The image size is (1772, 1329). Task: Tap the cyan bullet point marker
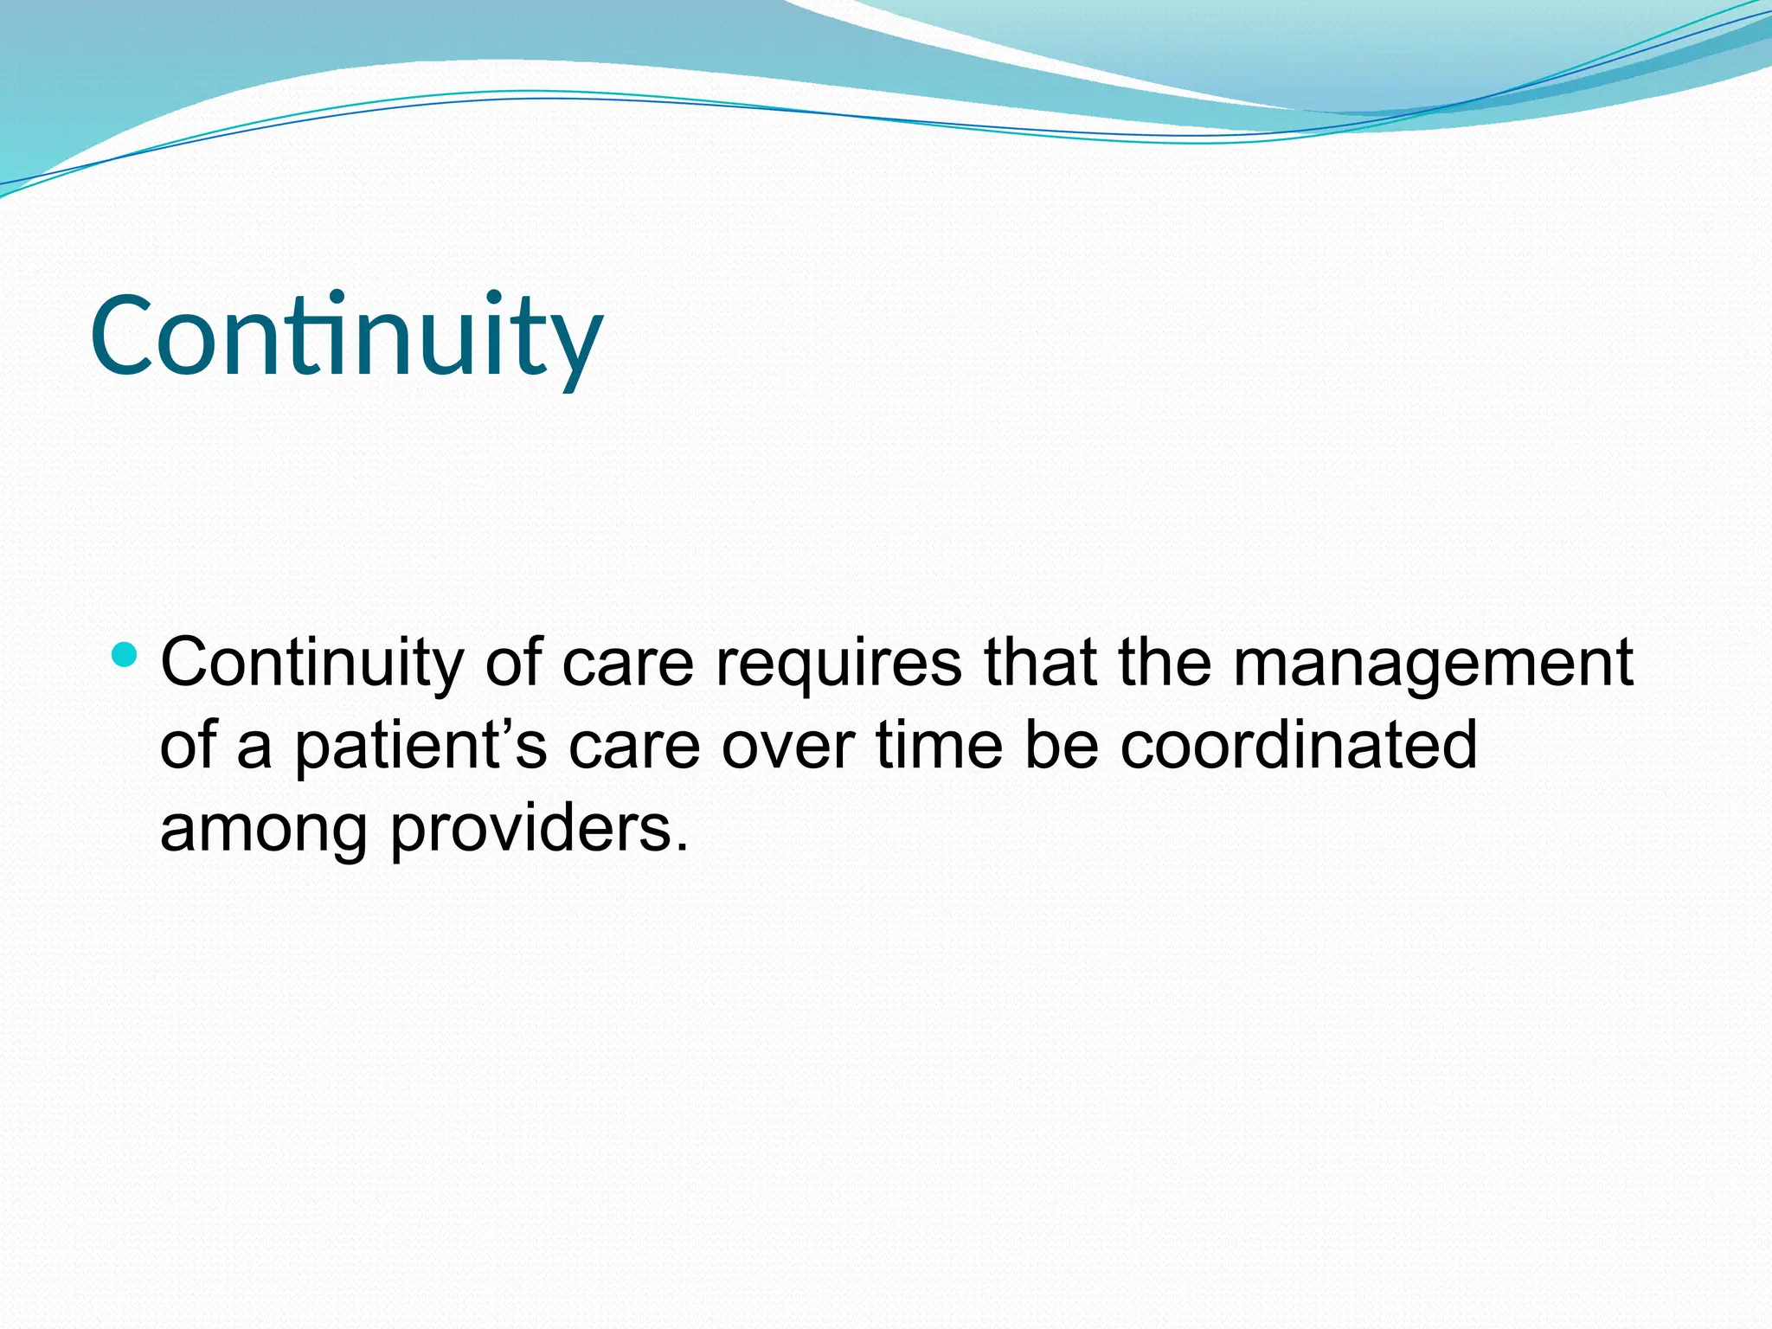pyautogui.click(x=125, y=654)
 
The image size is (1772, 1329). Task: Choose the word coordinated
pyautogui.click(x=1298, y=746)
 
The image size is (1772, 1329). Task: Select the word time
pyautogui.click(x=938, y=746)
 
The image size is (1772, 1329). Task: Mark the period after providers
pyautogui.click(x=682, y=848)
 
